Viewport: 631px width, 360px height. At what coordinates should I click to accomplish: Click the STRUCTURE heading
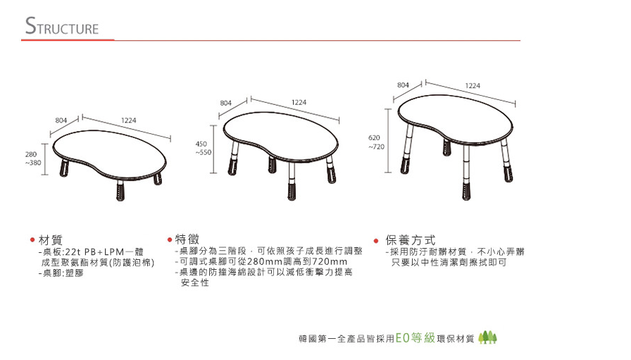tap(61, 26)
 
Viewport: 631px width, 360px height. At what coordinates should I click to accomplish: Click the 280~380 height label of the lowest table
tap(32, 159)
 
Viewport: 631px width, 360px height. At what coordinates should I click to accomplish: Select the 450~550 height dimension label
tap(204, 148)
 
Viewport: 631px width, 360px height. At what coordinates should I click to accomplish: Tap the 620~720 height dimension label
tap(376, 142)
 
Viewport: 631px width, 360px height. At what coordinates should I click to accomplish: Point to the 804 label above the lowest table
tap(61, 120)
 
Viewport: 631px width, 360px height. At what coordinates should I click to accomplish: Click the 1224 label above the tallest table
tap(473, 85)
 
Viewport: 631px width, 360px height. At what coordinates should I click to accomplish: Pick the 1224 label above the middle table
tap(299, 102)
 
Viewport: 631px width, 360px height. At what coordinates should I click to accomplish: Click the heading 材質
tap(51, 240)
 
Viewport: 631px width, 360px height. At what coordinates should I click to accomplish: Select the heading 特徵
tap(187, 240)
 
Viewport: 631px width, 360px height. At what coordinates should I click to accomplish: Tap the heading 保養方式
tap(411, 240)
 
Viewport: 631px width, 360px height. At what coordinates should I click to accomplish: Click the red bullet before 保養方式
tap(376, 241)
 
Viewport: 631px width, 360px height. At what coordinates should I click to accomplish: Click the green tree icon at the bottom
tap(487, 337)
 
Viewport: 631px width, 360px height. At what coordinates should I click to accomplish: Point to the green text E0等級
tap(416, 337)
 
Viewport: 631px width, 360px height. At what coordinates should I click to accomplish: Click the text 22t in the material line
tap(73, 252)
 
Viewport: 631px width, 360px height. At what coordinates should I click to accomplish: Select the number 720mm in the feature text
tap(329, 262)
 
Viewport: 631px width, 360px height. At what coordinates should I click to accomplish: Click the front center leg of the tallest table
tap(466, 173)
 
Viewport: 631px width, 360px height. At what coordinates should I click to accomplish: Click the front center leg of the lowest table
tap(120, 190)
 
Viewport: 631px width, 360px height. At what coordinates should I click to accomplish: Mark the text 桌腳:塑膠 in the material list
tap(63, 273)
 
